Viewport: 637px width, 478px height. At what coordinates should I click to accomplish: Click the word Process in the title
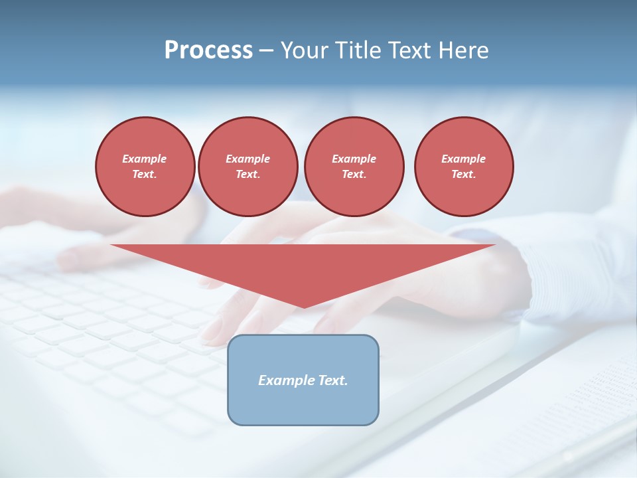(208, 50)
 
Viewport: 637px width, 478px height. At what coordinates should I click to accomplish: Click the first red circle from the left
(145, 167)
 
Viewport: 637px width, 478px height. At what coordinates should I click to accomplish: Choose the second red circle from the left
(248, 167)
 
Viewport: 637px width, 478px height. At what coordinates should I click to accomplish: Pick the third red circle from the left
(354, 167)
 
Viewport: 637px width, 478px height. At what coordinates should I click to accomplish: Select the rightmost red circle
(464, 167)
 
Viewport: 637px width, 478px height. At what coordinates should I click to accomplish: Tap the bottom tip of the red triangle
(303, 307)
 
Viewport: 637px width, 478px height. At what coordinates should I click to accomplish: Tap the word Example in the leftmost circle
(145, 159)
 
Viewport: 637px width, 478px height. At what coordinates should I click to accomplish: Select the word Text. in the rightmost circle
(464, 175)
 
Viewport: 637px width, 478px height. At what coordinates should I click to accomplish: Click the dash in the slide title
(267, 50)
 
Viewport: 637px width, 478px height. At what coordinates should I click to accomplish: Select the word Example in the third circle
(354, 159)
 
